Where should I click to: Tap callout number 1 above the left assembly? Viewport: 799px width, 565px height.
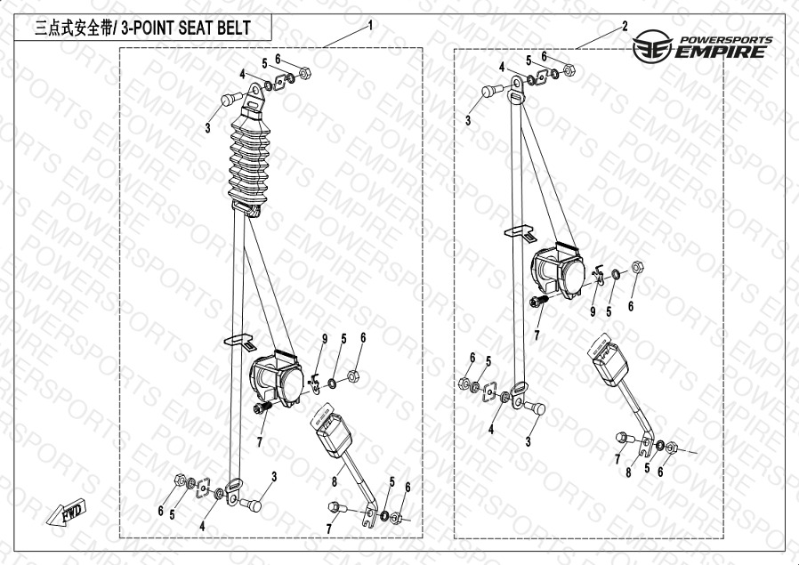pyautogui.click(x=369, y=25)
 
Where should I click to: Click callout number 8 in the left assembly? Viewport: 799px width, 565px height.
pyautogui.click(x=334, y=481)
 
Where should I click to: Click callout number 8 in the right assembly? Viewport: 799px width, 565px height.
pyautogui.click(x=628, y=472)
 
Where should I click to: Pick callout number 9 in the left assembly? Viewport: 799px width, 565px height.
pyautogui.click(x=325, y=339)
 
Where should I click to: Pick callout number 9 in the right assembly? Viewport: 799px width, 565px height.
pyautogui.click(x=592, y=311)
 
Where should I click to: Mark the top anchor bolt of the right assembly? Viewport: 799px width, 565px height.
pyautogui.click(x=491, y=91)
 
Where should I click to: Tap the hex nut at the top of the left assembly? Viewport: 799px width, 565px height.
pyautogui.click(x=303, y=72)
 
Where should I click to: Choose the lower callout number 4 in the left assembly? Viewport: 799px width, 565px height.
pyautogui.click(x=203, y=526)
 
